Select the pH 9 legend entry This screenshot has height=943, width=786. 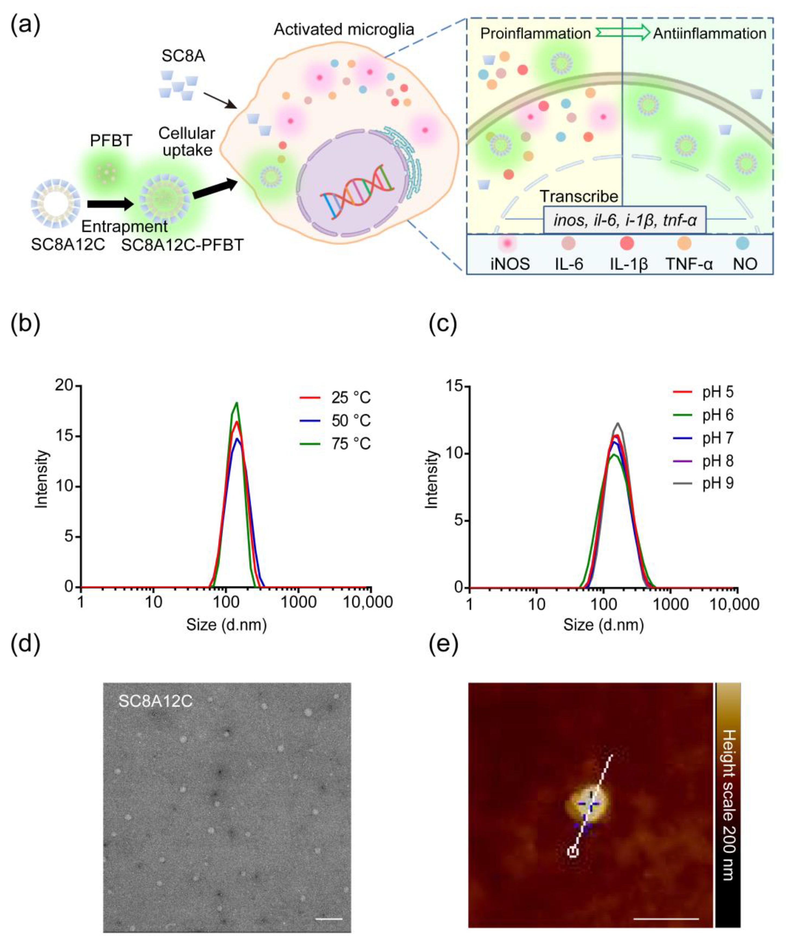(717, 484)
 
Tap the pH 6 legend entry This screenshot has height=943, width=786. (717, 415)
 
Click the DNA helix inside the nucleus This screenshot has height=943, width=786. (357, 192)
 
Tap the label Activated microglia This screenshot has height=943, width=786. (344, 30)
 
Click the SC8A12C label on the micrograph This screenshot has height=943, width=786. (155, 701)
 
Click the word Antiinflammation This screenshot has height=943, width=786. (709, 34)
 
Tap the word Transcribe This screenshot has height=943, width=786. (579, 197)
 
